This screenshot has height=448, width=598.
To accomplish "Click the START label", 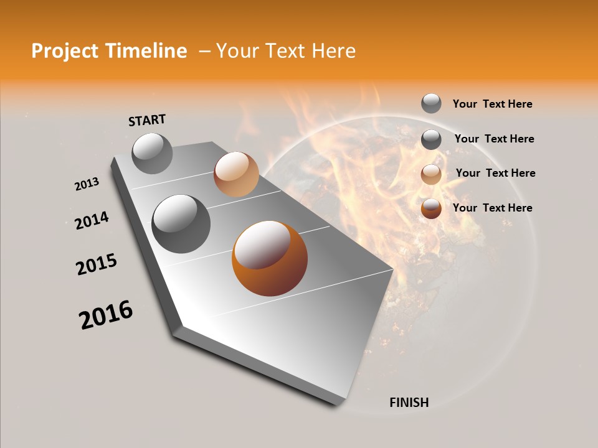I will pos(147,120).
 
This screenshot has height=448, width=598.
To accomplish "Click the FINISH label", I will pos(409,403).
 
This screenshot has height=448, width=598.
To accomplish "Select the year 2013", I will pos(87,184).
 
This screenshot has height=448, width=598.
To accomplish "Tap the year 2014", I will pos(92,221).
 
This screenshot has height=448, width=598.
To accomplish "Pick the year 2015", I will pos(97,265).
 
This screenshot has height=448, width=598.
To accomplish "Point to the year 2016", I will pos(106,315).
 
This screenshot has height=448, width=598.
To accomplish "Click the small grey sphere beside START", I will pos(153,153).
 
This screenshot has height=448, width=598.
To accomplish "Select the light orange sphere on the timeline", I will pos(236,174).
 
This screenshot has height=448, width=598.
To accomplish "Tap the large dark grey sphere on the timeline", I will pos(181,224).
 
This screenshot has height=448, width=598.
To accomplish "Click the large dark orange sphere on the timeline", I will pos(270,258).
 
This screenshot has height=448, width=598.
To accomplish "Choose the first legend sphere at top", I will pos(431,103).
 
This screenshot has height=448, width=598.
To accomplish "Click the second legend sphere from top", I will pos(431,139).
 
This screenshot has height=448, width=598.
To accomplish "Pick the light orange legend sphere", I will pos(431,174).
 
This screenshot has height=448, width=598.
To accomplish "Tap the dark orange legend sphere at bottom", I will pos(431,208).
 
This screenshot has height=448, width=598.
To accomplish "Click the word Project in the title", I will pos(65,51).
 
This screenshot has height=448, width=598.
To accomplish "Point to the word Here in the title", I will pos(333,51).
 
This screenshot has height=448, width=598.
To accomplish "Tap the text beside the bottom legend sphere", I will pos(493,208).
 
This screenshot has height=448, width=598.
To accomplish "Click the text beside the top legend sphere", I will pos(493,104).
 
